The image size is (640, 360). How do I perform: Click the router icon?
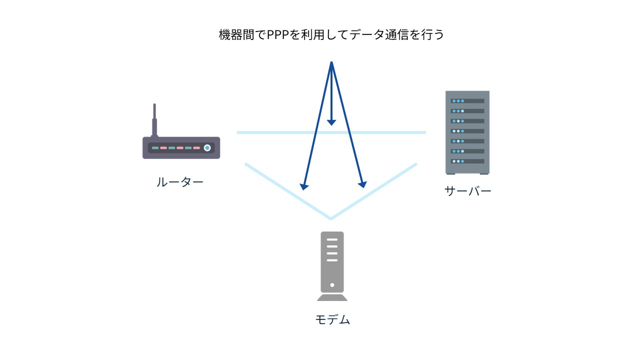coord(181,147)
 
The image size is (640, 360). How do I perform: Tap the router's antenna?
coord(154,120)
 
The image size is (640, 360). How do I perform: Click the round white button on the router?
coord(207,148)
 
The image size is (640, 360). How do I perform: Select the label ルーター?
coord(180,182)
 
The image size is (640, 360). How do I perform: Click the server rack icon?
coord(467,132)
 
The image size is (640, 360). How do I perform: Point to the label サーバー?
coord(467,190)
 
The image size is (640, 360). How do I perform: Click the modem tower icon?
coord(332,265)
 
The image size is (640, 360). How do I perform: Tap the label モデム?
coord(332,319)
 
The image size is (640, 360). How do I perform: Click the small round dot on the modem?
coord(332,285)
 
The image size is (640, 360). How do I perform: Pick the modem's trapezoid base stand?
coord(332,297)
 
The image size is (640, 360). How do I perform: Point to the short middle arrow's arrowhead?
coord(331,122)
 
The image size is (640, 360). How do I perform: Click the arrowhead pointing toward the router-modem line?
coord(303,186)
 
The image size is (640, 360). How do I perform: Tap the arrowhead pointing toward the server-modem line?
coord(362,184)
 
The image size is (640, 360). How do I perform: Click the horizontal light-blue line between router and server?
coord(280,132)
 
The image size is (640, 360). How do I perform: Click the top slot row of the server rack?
coord(467,101)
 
